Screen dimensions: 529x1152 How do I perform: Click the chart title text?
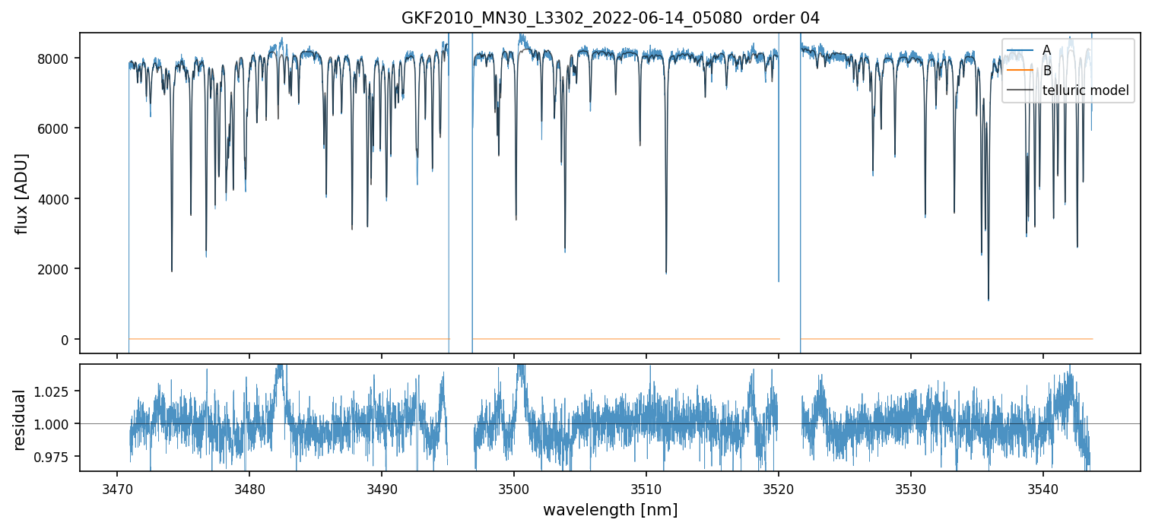click(610, 18)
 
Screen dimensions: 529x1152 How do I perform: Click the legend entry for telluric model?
click(1085, 90)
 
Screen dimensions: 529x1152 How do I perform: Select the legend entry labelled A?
click(1046, 50)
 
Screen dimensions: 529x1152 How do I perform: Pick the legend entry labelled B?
click(1046, 70)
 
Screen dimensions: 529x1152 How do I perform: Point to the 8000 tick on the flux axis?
click(59, 59)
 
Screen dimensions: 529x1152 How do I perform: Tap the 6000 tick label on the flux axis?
click(59, 128)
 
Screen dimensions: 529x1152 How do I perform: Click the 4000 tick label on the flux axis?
click(59, 199)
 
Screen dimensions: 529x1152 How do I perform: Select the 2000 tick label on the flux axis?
click(59, 269)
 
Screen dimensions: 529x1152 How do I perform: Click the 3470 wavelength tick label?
click(117, 486)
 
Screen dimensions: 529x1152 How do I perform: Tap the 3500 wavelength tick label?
click(514, 486)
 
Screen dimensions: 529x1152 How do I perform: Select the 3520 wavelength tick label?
click(779, 486)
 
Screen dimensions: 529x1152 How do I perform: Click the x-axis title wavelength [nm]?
click(610, 509)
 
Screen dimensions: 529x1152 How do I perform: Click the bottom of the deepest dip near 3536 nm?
click(989, 299)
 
